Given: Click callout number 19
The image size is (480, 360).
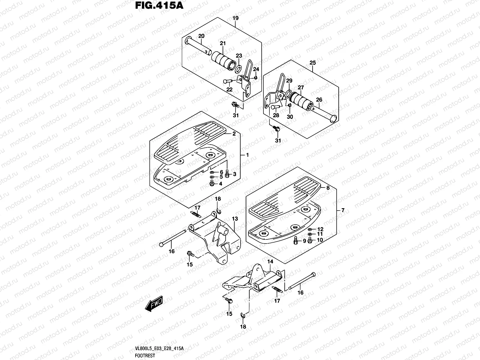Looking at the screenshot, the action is tap(235, 18).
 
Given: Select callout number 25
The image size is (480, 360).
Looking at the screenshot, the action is tap(313, 63).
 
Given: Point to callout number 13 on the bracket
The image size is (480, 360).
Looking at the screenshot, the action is tap(235, 219).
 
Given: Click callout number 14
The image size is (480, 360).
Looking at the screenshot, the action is tap(270, 262).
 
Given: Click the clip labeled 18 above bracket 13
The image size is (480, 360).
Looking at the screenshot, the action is tap(219, 212).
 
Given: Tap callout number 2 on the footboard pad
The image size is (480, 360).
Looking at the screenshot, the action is tap(234, 134).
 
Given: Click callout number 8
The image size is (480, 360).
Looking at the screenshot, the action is tap(328, 188).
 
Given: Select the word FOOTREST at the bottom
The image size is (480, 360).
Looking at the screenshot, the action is tap(145, 356).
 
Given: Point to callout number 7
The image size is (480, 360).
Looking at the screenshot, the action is tap(343, 211).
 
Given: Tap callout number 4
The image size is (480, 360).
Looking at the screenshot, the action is tap(220, 184).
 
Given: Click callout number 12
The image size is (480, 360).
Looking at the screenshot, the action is tap(320, 229).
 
